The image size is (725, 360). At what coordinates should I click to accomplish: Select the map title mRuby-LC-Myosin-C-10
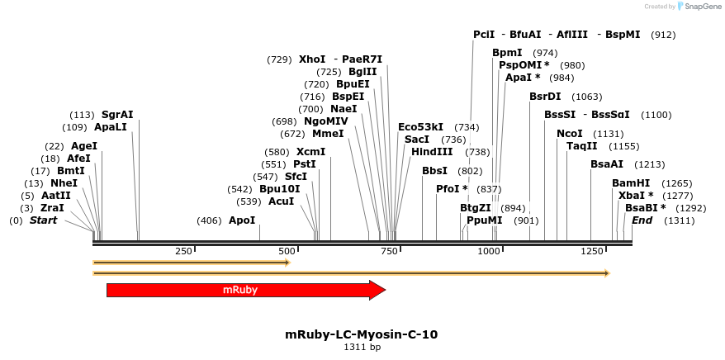coord(361,334)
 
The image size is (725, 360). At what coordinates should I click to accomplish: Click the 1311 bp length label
coord(362,348)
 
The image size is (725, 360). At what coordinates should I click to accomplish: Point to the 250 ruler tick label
coord(183,250)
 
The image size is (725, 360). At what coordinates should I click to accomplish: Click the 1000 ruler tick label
coord(489,250)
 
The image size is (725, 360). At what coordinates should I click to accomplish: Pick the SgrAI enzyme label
coord(117,115)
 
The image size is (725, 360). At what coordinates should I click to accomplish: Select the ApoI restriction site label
coord(242,220)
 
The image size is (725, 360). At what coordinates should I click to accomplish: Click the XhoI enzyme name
coord(312,59)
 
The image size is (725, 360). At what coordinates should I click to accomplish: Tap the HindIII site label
coord(432,152)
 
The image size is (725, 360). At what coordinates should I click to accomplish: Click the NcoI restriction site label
coord(570,134)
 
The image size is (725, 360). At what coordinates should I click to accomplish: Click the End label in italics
coord(642,220)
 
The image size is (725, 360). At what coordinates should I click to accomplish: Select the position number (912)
coord(663,35)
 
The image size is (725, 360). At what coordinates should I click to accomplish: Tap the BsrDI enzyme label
coord(545,97)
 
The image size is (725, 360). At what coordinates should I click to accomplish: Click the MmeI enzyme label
coord(328,134)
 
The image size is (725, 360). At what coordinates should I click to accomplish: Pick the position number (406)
coord(209,220)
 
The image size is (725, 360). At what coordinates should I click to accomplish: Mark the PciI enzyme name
coord(484,35)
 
